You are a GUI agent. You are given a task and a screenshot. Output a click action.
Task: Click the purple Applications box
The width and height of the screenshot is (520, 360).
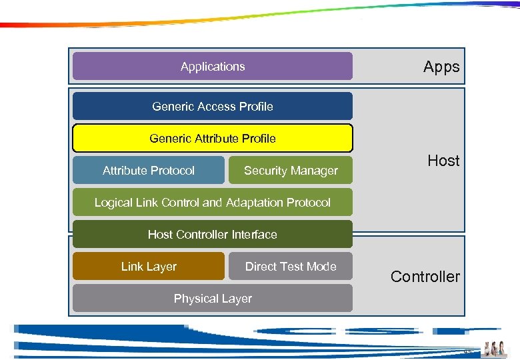click(x=212, y=67)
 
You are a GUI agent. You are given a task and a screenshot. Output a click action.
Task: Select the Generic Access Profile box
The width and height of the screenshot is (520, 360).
click(x=212, y=106)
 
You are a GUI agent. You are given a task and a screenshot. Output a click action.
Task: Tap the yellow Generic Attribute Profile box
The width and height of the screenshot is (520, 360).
click(x=212, y=139)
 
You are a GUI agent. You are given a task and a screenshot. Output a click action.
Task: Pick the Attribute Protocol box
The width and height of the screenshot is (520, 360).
click(x=148, y=171)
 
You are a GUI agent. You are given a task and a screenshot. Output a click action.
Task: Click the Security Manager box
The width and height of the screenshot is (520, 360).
click(x=290, y=171)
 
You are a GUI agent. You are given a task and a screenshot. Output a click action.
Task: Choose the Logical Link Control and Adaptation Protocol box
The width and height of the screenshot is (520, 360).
click(x=212, y=203)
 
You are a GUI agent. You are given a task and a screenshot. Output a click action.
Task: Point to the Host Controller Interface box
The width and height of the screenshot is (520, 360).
click(x=212, y=235)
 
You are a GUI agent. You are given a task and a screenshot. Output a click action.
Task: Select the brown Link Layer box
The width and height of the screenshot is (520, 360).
click(x=148, y=267)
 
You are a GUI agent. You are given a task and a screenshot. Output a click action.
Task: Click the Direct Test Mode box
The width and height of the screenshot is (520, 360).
click(x=290, y=267)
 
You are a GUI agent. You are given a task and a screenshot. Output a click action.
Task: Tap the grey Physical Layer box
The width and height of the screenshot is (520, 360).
click(x=212, y=299)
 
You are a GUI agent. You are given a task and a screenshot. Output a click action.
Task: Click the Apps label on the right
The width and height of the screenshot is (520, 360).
click(x=441, y=67)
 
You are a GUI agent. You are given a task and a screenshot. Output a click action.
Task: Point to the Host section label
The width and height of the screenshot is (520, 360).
click(x=443, y=161)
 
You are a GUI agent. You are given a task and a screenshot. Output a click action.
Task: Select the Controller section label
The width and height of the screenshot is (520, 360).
click(x=425, y=277)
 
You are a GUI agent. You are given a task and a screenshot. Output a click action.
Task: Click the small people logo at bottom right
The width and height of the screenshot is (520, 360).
click(x=494, y=349)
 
